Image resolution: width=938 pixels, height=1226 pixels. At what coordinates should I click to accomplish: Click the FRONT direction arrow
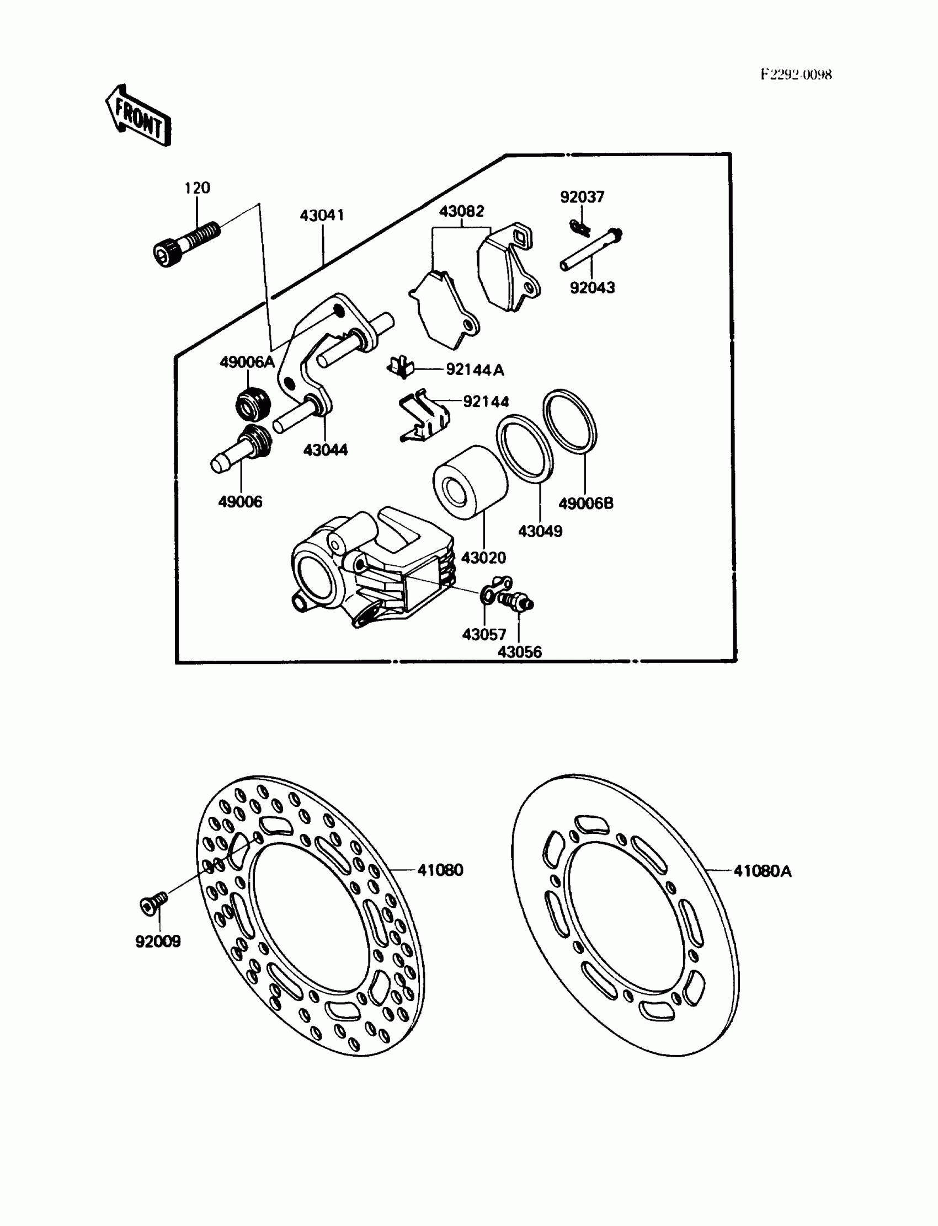pos(138,116)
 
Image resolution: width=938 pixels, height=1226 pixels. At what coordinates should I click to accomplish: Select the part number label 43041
pos(322,216)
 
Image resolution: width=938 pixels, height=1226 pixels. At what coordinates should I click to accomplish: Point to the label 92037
pos(582,197)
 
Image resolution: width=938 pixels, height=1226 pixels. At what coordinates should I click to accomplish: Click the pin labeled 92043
pos(591,248)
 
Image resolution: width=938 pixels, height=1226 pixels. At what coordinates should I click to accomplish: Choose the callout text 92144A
pos(475,370)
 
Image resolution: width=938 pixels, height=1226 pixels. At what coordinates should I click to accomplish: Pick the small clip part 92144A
pos(401,367)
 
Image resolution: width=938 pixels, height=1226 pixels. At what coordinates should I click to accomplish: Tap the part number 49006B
pos(585,504)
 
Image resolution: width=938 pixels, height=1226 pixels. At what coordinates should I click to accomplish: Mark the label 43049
pos(540,531)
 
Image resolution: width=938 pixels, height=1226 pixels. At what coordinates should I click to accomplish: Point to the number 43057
pos(484,634)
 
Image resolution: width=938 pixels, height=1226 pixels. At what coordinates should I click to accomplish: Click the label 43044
pos(326,450)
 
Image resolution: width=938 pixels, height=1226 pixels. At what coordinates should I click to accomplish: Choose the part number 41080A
pos(762,871)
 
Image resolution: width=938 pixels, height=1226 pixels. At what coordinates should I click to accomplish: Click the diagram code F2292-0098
pos(796,75)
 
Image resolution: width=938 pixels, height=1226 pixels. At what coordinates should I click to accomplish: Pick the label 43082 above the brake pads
pos(461,211)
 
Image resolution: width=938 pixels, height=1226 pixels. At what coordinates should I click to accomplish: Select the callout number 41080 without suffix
pos(440,870)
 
